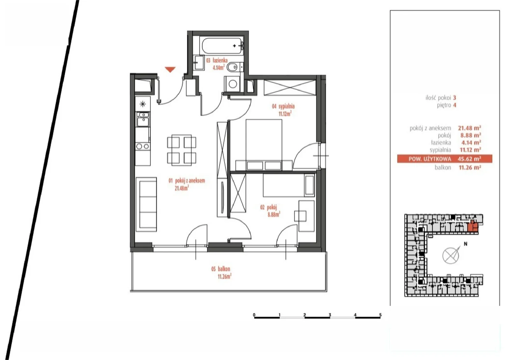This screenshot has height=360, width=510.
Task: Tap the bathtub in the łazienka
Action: (222, 46)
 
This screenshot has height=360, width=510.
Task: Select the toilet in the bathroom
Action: (232, 67)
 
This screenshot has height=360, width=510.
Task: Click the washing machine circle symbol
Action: (233, 84)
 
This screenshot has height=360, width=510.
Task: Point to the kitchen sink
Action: (143, 119)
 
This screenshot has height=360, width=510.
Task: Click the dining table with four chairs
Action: (181, 150)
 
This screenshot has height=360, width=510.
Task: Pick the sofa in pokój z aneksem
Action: (146, 204)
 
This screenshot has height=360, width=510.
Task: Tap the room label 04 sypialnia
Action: (283, 106)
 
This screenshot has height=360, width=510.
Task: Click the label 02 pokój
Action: (269, 208)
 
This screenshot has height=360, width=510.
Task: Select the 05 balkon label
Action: (221, 269)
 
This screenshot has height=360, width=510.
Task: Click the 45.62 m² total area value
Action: (469, 159)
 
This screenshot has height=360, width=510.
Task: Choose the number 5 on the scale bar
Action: (380, 315)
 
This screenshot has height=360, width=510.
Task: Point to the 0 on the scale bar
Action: (254, 315)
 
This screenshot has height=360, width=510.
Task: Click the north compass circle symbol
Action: (451, 256)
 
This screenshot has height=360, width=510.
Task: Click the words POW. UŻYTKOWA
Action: (430, 159)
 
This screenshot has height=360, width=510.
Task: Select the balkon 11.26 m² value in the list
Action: (470, 168)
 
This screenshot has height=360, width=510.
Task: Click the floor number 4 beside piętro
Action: (455, 105)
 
